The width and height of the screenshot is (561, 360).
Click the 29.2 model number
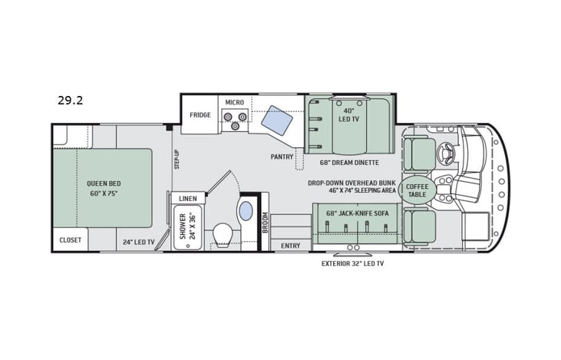(70, 100)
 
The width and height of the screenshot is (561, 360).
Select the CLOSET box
(71, 240)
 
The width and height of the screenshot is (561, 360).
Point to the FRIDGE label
(200, 115)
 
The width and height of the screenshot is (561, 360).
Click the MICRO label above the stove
(234, 102)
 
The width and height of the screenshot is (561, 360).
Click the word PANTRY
(282, 157)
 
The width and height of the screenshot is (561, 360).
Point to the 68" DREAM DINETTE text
(351, 162)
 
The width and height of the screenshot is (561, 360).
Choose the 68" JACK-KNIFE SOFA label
(357, 212)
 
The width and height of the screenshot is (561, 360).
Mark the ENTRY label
(291, 246)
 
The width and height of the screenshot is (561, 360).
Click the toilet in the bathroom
(223, 233)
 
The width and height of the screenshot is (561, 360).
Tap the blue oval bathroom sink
(246, 210)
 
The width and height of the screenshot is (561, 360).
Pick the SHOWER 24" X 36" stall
(187, 228)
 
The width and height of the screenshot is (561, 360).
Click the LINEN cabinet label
(188, 198)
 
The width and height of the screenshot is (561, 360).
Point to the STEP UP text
(176, 160)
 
